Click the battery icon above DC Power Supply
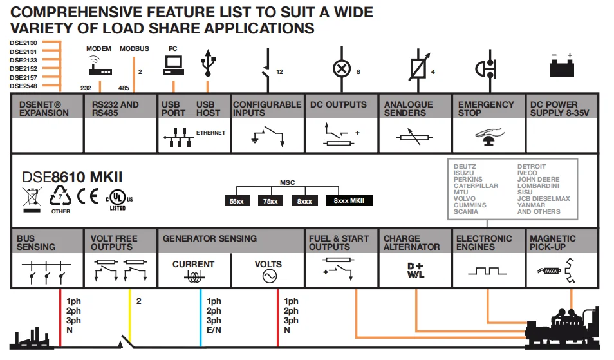coord(562,67)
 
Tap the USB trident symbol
coord(207,63)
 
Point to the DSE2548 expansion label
coord(23,86)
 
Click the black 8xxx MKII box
coord(349,201)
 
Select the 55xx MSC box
coord(237,201)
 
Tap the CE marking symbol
coord(88,194)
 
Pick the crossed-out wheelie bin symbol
coord(32,196)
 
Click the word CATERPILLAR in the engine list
coord(476,186)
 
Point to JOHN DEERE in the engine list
coord(539,180)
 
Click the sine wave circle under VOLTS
coord(268,276)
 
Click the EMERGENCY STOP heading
coord(486,108)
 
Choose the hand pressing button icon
coord(488,134)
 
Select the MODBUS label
coord(134,49)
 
